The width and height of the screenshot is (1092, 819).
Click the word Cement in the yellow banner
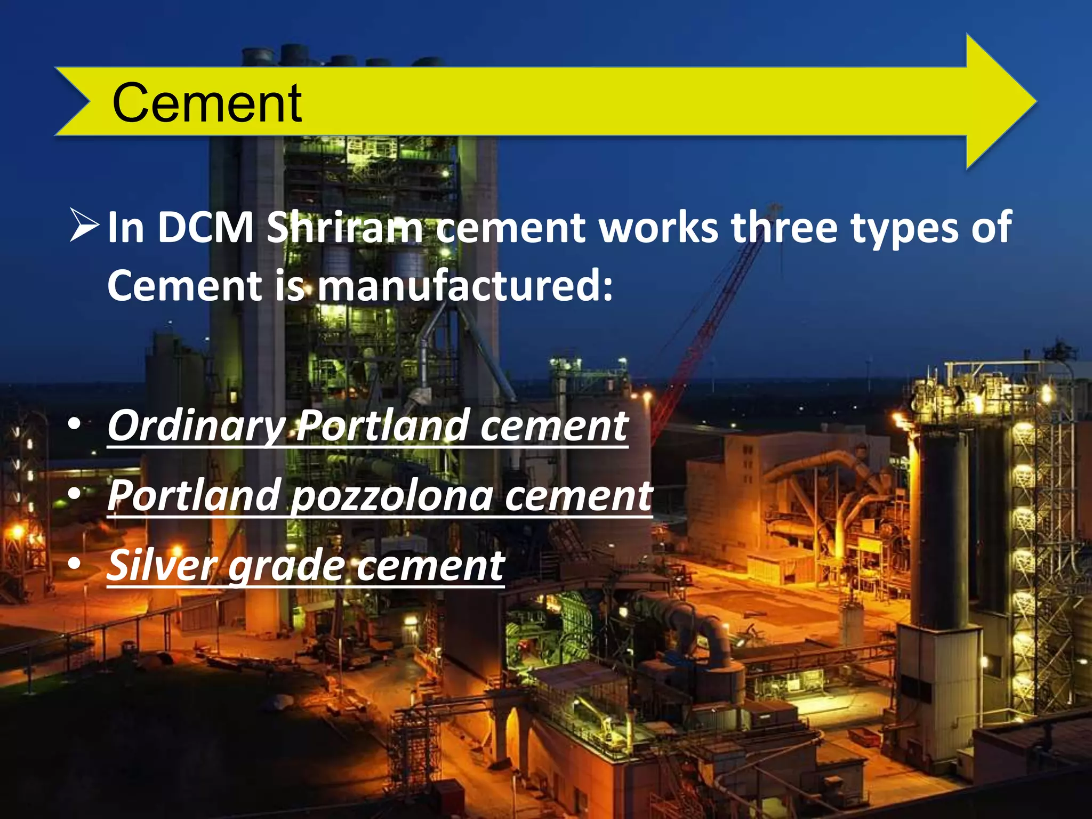pyautogui.click(x=207, y=103)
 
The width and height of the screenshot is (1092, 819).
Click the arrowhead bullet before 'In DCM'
pyautogui.click(x=84, y=226)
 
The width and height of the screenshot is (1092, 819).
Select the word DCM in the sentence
pyautogui.click(x=206, y=228)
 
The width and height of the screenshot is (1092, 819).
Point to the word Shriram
pyautogui.click(x=344, y=228)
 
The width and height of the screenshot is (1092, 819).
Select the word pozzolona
pyautogui.click(x=392, y=496)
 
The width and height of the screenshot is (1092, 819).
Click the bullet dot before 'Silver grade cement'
pyautogui.click(x=75, y=564)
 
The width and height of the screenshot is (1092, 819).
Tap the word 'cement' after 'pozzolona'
pyautogui.click(x=579, y=496)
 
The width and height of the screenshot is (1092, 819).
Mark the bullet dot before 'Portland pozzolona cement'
pyautogui.click(x=75, y=494)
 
